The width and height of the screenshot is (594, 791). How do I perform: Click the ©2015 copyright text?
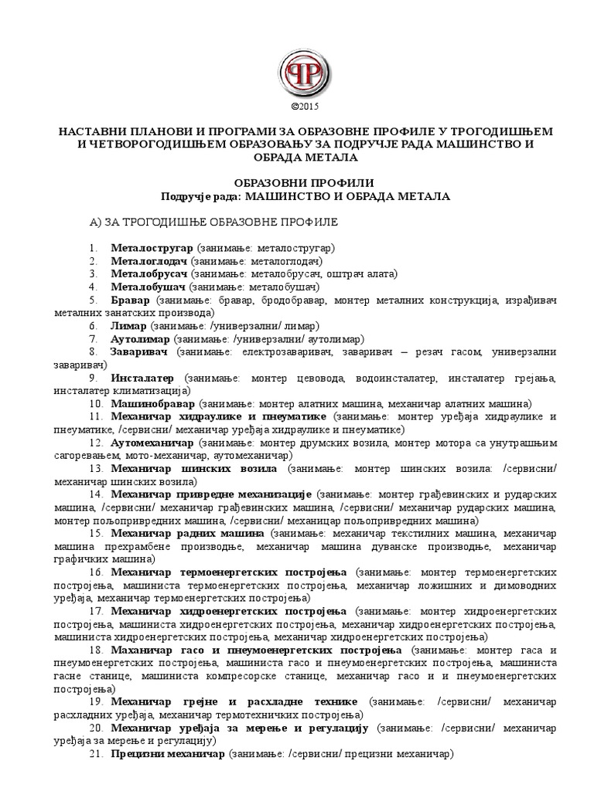(297, 106)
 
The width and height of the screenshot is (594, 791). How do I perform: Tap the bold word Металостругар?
(152, 247)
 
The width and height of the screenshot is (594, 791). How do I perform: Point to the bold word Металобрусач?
(150, 273)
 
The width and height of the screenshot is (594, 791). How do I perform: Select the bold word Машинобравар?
(152, 404)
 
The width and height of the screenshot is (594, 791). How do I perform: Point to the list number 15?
(96, 534)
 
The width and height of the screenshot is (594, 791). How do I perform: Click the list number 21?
(96, 755)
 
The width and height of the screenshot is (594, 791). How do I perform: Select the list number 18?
(96, 650)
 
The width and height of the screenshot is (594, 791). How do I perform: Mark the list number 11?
(96, 417)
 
